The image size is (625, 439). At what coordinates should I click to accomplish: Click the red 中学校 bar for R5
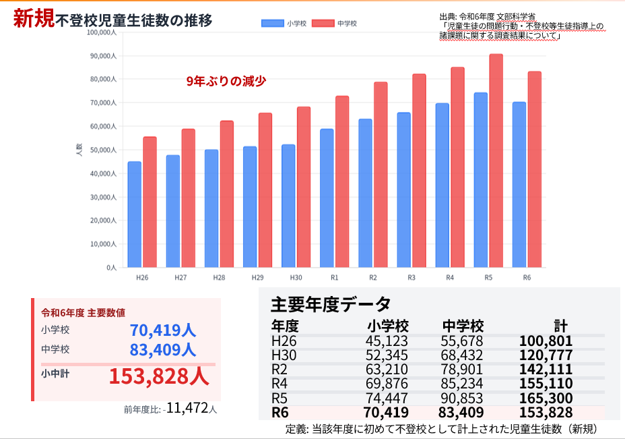coord(496,161)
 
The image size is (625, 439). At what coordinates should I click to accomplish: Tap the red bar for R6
coord(534,169)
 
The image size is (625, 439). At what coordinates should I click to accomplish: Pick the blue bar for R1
coord(327,198)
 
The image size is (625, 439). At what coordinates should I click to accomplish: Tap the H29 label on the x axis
coord(257,277)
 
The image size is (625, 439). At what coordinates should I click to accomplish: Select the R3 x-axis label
coord(412,277)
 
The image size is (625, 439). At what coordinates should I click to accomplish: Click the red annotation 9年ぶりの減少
coord(226,81)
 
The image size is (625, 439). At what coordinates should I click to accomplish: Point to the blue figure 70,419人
coord(163,330)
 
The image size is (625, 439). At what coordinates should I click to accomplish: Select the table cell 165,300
coord(546,398)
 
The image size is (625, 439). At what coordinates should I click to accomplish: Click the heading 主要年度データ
coord(331,303)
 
